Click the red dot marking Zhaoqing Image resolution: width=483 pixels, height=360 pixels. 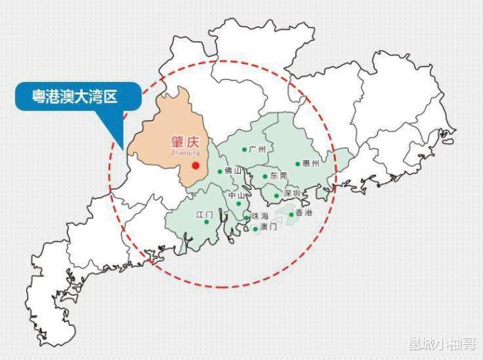pos(196,166)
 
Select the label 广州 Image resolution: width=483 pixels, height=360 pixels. pos(257,149)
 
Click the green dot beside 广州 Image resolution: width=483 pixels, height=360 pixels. pos(244,149)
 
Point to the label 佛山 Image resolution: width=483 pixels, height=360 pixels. pos(233,170)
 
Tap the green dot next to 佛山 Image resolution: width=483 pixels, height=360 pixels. pos(220,171)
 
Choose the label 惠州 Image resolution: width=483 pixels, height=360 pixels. pos(311,163)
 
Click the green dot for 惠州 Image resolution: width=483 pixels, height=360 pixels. pos(298,164)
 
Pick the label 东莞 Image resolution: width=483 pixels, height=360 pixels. pos(279,176)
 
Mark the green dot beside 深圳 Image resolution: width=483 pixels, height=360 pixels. pos(277,195)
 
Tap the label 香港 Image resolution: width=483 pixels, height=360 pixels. pos(304,213)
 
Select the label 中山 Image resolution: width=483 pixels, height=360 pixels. pos(237,195)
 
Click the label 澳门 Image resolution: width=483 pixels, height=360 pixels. pos(268,228)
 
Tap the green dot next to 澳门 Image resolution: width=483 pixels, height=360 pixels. pos(255,228)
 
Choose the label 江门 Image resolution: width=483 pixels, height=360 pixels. pos(205,214)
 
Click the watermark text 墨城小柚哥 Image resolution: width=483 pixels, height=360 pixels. pos(442,344)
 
